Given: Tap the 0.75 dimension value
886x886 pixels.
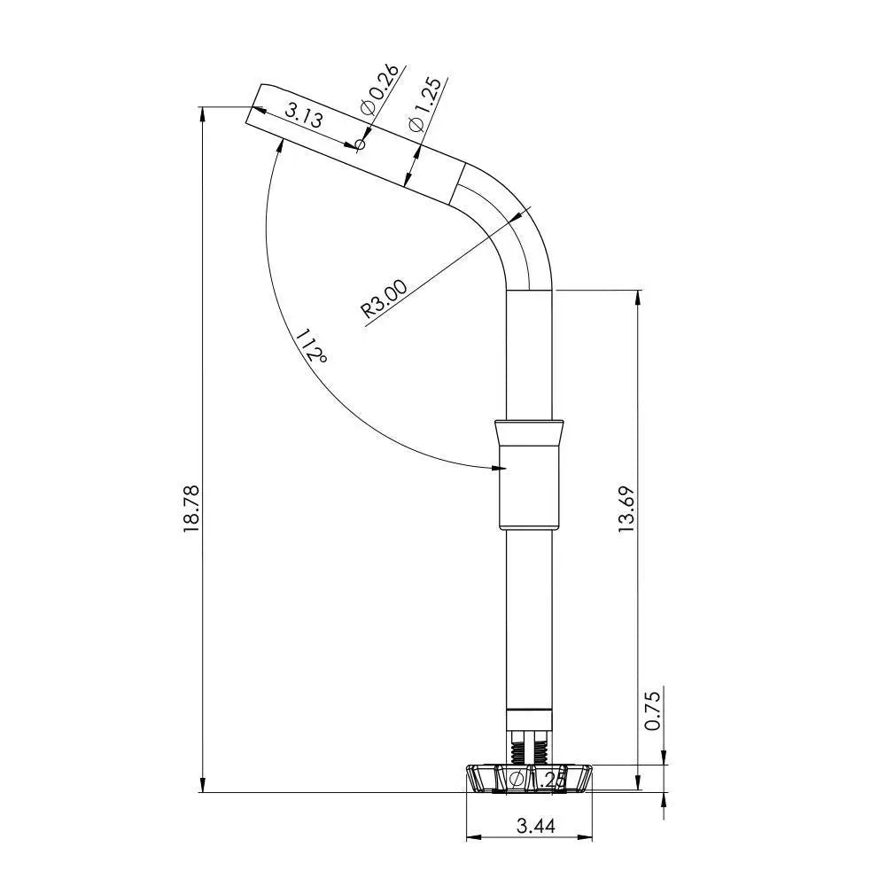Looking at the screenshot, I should [x=654, y=711].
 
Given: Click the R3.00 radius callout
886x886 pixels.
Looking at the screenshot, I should [x=384, y=299].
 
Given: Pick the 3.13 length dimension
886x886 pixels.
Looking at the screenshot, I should [x=303, y=116].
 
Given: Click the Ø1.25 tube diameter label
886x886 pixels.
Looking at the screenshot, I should [x=425, y=105].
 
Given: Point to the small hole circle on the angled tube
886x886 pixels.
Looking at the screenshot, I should [x=360, y=144].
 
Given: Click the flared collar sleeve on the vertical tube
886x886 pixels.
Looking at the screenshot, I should [x=529, y=474].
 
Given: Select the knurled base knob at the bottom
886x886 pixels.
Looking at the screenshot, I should [x=529, y=778].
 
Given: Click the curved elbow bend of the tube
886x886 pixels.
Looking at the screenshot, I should [x=509, y=221].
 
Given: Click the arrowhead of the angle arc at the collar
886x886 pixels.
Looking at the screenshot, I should [x=492, y=467].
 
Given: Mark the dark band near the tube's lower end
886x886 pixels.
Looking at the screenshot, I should [x=529, y=711].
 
